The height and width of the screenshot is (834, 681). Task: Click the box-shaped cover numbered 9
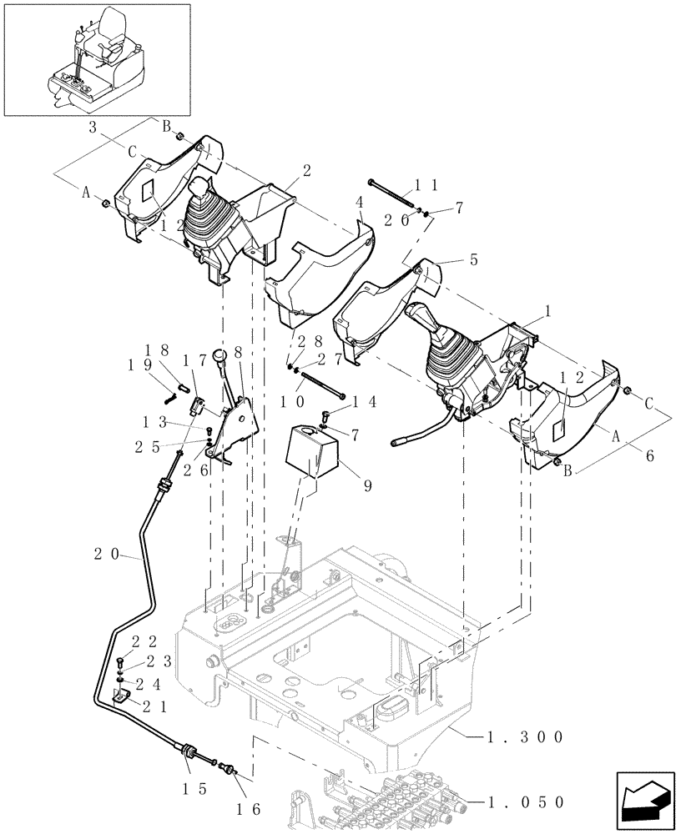[x=311, y=452]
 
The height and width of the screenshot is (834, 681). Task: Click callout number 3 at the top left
[x=94, y=127]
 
